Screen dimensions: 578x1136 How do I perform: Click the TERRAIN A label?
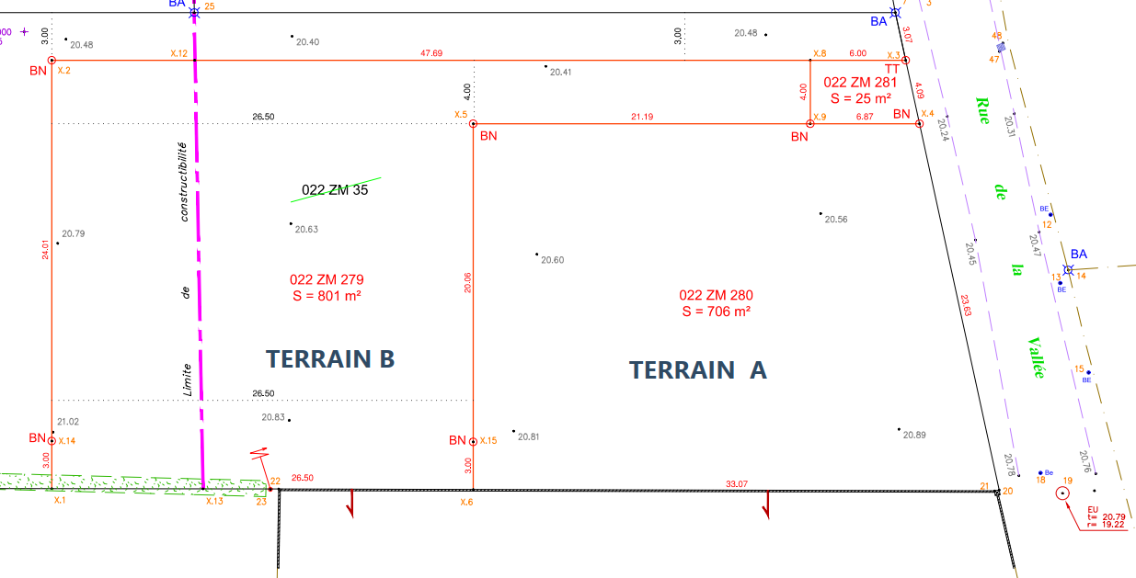click(x=697, y=369)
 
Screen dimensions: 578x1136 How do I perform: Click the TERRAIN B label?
click(x=330, y=358)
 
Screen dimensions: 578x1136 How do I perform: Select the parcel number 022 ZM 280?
click(x=716, y=295)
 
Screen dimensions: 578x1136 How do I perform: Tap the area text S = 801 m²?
click(x=326, y=296)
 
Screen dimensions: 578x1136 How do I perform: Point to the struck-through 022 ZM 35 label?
click(x=335, y=190)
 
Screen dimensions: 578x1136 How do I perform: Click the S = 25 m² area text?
click(x=860, y=97)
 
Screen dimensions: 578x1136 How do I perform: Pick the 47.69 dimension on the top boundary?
click(x=431, y=53)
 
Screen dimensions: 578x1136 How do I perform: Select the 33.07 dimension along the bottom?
click(x=737, y=483)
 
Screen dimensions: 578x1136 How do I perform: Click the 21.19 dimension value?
click(x=642, y=116)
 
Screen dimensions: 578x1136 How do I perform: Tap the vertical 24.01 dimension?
click(x=44, y=251)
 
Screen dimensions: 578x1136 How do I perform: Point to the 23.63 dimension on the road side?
click(x=965, y=305)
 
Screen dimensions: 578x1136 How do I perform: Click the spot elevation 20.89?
click(x=913, y=435)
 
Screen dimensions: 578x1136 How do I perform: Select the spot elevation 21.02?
click(x=68, y=422)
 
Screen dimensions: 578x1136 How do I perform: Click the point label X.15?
click(x=487, y=441)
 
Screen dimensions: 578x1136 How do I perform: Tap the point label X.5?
click(x=460, y=114)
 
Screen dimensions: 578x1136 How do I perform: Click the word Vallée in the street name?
click(x=1036, y=357)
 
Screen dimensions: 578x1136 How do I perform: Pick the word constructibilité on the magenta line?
click(x=184, y=181)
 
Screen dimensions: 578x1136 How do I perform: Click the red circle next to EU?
click(x=1063, y=493)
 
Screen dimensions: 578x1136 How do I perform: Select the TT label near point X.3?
click(x=892, y=69)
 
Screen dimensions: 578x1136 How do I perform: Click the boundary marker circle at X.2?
click(x=52, y=61)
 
